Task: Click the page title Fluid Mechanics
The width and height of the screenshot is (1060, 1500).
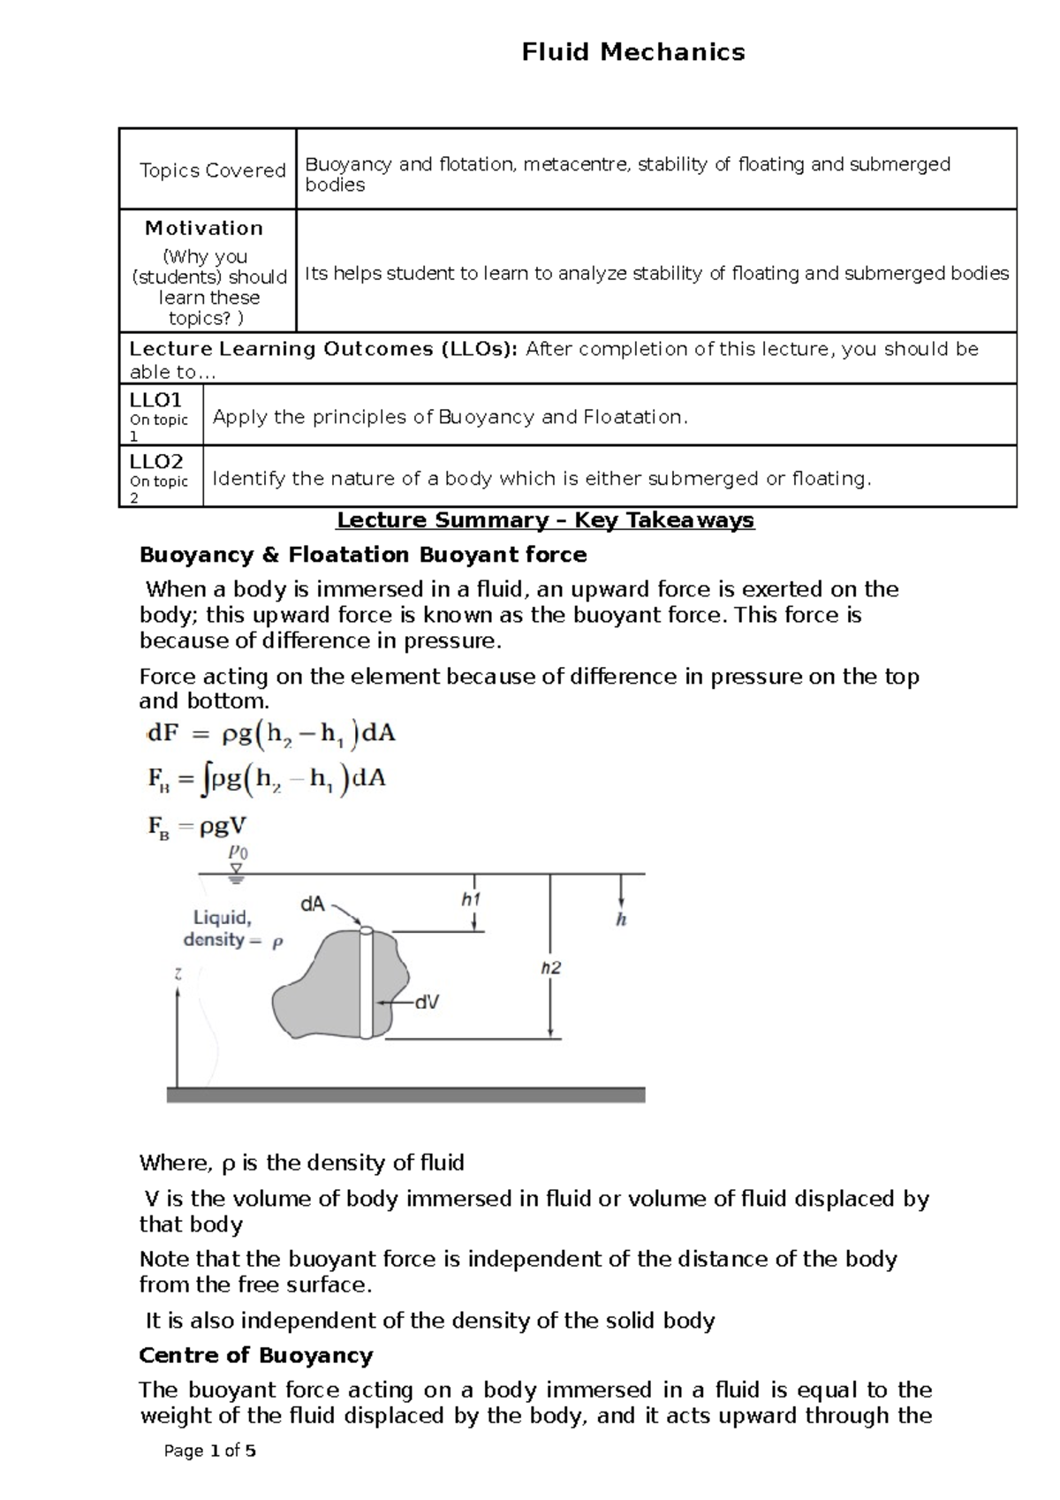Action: (632, 52)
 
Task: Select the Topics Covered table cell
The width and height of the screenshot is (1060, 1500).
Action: (212, 170)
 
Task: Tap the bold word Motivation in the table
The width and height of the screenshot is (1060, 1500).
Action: (204, 228)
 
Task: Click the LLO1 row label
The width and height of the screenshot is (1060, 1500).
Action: (155, 400)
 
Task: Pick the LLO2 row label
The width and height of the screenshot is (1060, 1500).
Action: (156, 462)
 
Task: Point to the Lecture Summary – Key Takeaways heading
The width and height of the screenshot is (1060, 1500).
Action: (545, 519)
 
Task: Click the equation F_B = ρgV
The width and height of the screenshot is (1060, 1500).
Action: (197, 827)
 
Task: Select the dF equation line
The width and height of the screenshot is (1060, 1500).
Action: (270, 734)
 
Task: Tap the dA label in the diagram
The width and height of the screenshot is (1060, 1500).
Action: (314, 905)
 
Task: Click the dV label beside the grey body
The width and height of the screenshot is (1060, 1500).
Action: (428, 1003)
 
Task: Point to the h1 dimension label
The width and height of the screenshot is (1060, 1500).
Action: (471, 899)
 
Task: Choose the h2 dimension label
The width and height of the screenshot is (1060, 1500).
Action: (550, 968)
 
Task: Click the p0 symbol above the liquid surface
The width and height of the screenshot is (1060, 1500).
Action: (238, 852)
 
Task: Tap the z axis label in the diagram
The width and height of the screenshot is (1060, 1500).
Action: (178, 974)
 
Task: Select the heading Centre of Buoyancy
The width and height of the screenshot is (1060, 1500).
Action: (256, 1355)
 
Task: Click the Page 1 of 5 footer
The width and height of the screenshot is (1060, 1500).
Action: (210, 1451)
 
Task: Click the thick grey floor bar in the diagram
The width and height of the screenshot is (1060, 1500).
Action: (405, 1095)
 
